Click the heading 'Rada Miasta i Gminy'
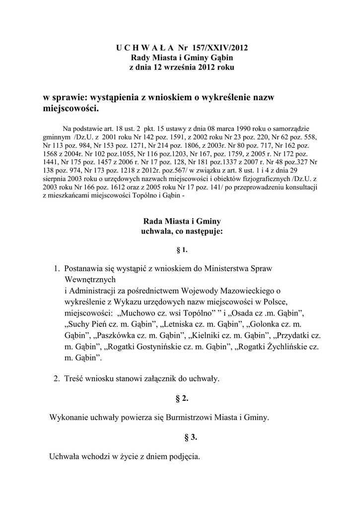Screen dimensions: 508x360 (x=182, y=221)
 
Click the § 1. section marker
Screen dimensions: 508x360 (x=182, y=250)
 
